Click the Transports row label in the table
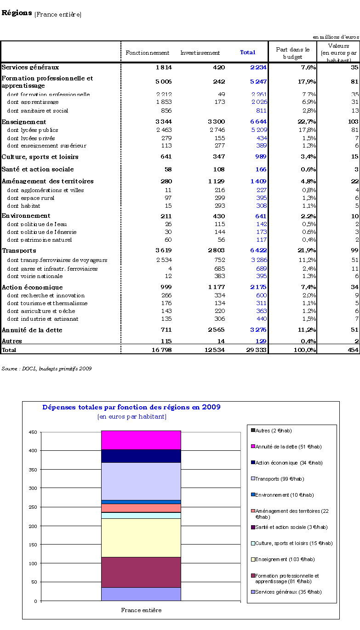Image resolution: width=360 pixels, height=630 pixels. [19, 250]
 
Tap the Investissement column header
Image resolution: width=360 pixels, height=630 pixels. [200, 53]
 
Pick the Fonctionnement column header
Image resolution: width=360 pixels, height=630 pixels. [148, 53]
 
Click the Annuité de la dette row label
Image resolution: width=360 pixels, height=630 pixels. [32, 330]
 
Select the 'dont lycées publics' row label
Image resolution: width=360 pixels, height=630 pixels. [33, 130]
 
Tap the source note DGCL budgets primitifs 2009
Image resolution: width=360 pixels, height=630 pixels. [46, 369]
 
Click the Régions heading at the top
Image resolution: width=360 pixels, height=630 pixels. [17, 13]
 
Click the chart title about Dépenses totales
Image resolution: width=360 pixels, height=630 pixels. [131, 407]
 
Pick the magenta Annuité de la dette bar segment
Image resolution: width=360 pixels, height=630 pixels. [141, 440]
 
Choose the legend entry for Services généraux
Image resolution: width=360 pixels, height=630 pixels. [285, 592]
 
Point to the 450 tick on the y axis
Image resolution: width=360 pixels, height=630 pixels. [33, 432]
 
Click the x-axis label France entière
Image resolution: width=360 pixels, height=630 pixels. [141, 610]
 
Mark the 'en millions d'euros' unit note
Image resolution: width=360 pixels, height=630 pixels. [336, 37]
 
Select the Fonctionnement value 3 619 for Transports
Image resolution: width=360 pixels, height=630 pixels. [164, 250]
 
